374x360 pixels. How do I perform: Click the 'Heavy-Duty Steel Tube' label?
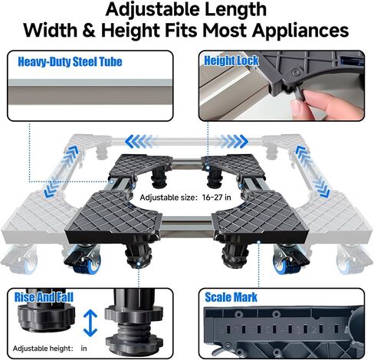pyautogui.click(x=70, y=62)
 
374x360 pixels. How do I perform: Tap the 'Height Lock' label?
pyautogui.click(x=231, y=61)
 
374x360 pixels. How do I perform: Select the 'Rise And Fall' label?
pyautogui.click(x=44, y=297)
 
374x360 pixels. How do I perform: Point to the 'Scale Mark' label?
pyautogui.click(x=231, y=297)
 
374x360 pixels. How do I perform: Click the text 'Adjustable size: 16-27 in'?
pyautogui.click(x=185, y=198)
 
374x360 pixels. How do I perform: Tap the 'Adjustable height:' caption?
pyautogui.click(x=43, y=349)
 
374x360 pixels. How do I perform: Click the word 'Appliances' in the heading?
pyautogui.click(x=300, y=31)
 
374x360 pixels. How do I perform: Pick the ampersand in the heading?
pyautogui.click(x=89, y=31)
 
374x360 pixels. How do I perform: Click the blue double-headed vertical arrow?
pyautogui.click(x=90, y=323)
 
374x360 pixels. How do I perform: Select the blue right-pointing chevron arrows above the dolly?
pyautogui.click(x=233, y=142)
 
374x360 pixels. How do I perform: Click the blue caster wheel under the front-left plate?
pyautogui.click(x=90, y=263)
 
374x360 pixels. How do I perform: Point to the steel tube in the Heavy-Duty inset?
pyautogui.click(x=90, y=92)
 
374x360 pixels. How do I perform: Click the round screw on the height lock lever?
pyautogui.click(x=296, y=72)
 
